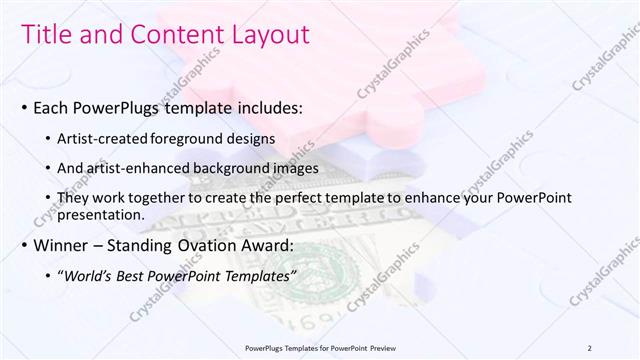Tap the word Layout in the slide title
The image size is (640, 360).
pyautogui.click(x=269, y=34)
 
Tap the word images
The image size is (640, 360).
pyautogui.click(x=296, y=168)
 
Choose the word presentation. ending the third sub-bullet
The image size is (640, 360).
pyautogui.click(x=104, y=215)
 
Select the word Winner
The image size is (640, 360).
pyautogui.click(x=63, y=245)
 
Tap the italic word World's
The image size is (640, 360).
pyautogui.click(x=91, y=275)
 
